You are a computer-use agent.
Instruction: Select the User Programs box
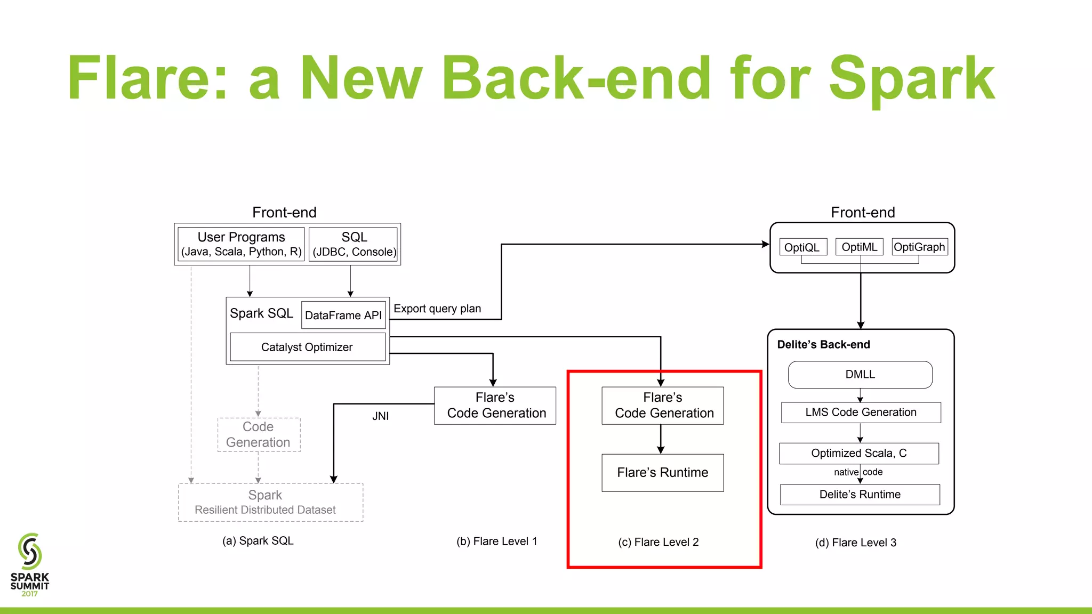pos(241,244)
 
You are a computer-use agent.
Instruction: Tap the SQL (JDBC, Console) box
pos(354,244)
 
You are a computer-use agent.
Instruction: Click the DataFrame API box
pos(343,315)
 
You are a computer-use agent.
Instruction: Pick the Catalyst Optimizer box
pos(307,347)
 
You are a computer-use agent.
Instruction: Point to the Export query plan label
pos(437,309)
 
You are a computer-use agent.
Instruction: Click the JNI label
pos(380,416)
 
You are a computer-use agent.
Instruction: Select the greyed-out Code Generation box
pos(259,434)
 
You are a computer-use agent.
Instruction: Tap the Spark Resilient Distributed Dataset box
pos(270,502)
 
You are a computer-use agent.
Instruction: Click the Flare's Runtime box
pos(662,472)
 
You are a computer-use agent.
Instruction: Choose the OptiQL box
pos(802,247)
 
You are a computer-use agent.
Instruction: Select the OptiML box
pos(859,247)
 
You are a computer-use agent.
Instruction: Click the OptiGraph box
pos(919,247)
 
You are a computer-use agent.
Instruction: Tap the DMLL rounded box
pos(860,374)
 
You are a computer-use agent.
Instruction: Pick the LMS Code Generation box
pos(861,412)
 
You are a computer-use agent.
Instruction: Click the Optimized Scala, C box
pos(858,453)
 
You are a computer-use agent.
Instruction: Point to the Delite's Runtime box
pos(860,494)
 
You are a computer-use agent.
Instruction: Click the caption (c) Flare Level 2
pos(658,542)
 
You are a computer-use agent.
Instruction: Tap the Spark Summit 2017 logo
pos(30,565)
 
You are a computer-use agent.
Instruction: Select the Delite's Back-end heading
pos(823,344)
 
